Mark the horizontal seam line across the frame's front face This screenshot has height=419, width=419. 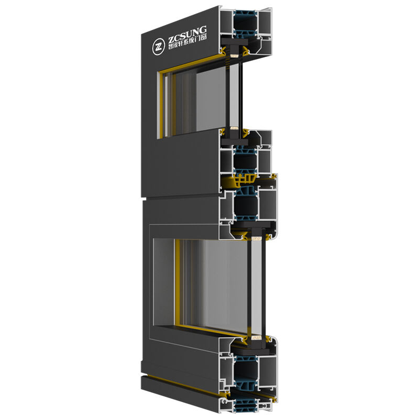point(178,200)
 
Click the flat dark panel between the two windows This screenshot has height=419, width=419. point(178,168)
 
